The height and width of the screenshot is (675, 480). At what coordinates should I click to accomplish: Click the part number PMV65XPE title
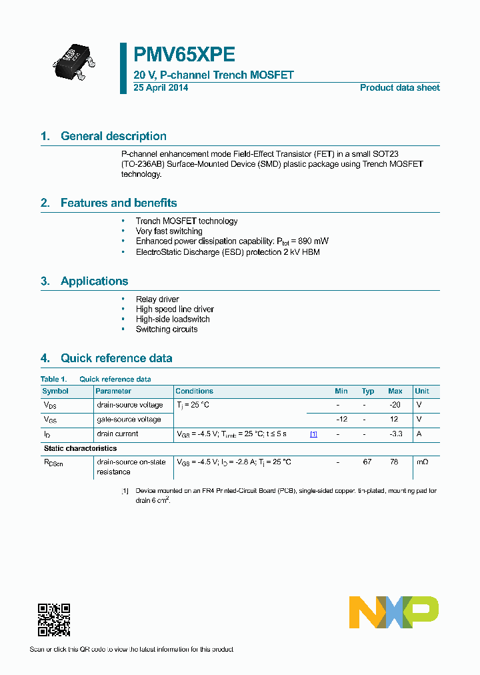(x=184, y=54)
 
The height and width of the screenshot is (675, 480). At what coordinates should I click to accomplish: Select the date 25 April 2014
(x=161, y=88)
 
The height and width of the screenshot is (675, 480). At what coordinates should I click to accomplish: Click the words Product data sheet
(x=399, y=88)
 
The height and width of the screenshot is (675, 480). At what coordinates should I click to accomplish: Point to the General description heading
(x=113, y=136)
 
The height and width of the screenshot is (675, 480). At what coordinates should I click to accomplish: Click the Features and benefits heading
(x=119, y=203)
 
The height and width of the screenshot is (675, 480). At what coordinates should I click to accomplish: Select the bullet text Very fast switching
(x=169, y=231)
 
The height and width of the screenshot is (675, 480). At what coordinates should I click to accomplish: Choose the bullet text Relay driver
(x=157, y=299)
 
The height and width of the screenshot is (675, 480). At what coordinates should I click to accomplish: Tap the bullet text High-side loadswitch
(x=173, y=319)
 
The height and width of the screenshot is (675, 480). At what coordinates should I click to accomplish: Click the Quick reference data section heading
(x=116, y=358)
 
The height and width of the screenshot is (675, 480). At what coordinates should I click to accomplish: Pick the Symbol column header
(x=55, y=391)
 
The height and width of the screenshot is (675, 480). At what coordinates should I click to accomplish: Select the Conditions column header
(x=194, y=391)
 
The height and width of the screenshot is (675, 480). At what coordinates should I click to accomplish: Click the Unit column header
(x=422, y=391)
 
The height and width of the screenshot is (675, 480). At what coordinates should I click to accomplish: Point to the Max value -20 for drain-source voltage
(x=395, y=405)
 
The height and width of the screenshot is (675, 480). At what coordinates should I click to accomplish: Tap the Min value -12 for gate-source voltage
(x=341, y=420)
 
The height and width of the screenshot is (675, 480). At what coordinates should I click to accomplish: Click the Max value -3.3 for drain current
(x=395, y=434)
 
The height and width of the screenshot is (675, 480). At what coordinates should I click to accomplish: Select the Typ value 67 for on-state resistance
(x=367, y=462)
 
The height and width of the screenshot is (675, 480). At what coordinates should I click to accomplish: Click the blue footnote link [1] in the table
(x=313, y=434)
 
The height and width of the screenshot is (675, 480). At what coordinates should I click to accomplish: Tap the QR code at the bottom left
(x=54, y=620)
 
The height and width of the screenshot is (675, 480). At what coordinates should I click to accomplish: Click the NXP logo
(x=394, y=612)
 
